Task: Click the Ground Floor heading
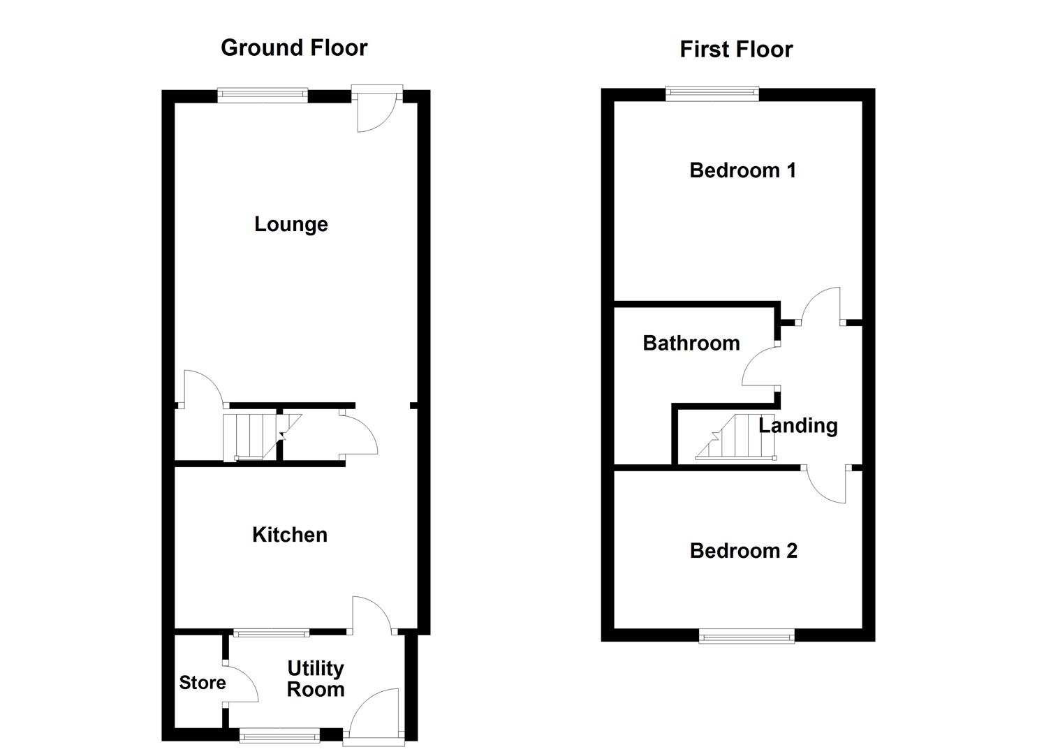click(x=293, y=47)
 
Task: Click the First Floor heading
click(x=736, y=50)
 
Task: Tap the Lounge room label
click(x=290, y=224)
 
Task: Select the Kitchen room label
click(x=289, y=535)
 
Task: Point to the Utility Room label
click(x=315, y=679)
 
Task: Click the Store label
click(x=202, y=683)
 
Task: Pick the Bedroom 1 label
click(x=742, y=170)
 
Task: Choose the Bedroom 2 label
click(x=743, y=551)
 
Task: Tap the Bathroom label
click(x=691, y=343)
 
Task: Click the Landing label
click(x=798, y=426)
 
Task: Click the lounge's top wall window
click(x=262, y=95)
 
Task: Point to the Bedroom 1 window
click(x=712, y=94)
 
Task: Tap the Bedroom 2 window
click(x=747, y=635)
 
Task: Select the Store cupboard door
click(x=241, y=683)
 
